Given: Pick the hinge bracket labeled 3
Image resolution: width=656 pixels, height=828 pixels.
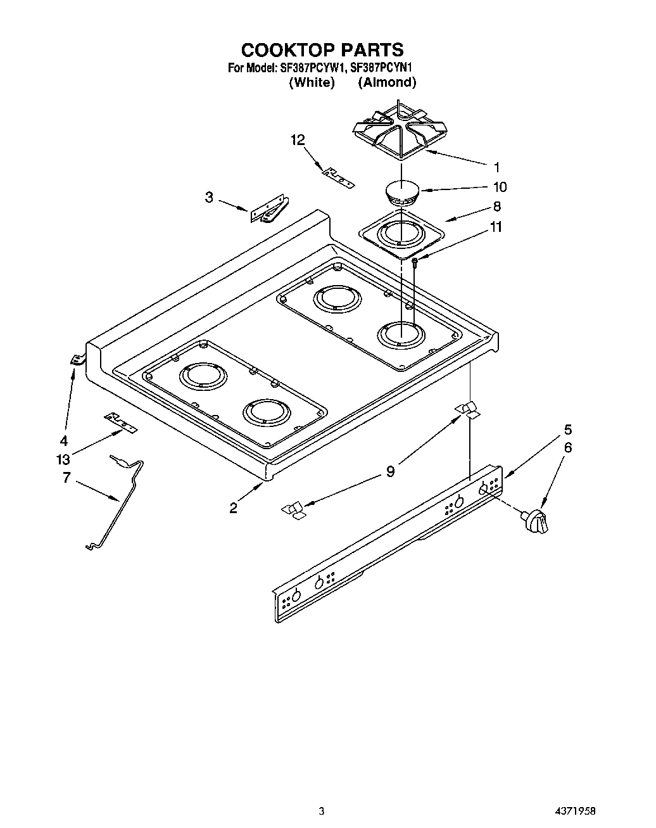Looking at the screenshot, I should tap(269, 212).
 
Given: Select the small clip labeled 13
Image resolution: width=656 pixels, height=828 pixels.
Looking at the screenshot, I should tap(120, 422).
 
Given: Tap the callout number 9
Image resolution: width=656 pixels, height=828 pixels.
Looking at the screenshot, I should tap(391, 471).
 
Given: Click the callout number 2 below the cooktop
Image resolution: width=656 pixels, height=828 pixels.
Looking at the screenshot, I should tap(234, 507).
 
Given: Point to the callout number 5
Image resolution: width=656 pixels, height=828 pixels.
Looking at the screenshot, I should tap(568, 428).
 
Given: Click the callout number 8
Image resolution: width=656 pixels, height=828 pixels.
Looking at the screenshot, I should tap(496, 206).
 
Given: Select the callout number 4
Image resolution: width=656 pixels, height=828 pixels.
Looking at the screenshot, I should tap(64, 440).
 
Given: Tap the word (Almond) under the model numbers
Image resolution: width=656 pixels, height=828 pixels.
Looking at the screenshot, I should tap(387, 82).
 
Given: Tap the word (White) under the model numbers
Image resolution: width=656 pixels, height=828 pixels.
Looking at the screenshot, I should tap(312, 82).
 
